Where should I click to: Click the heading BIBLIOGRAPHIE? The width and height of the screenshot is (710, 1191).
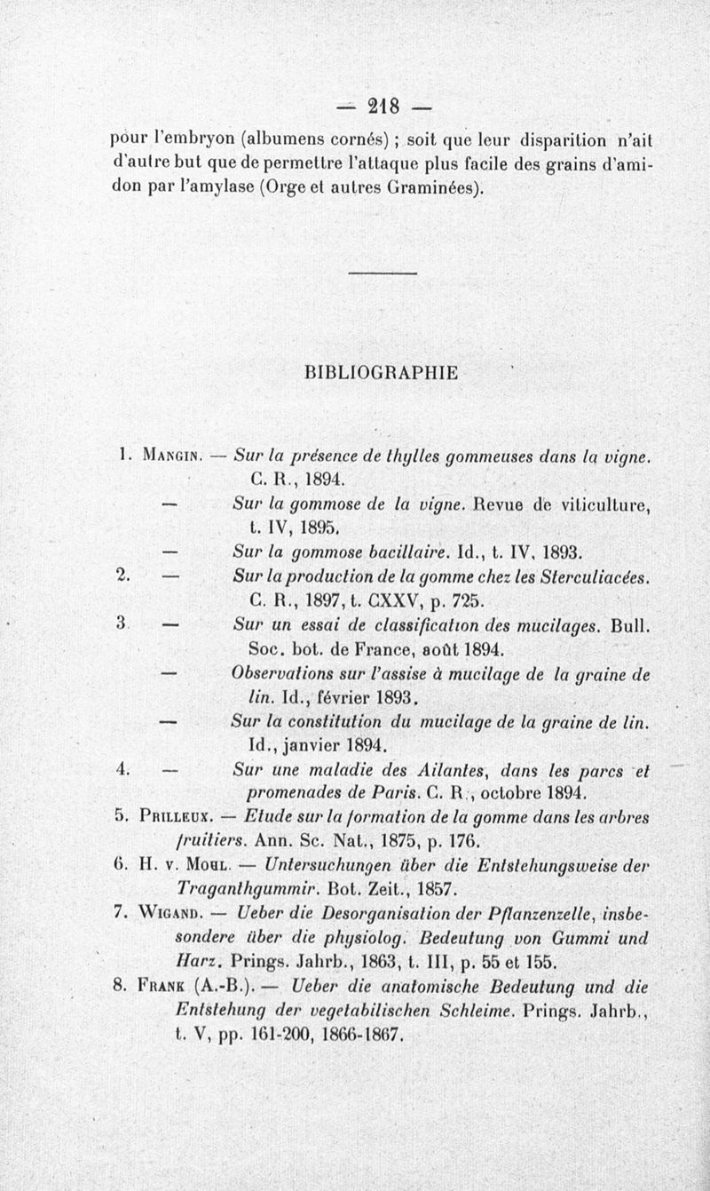tap(382, 372)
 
